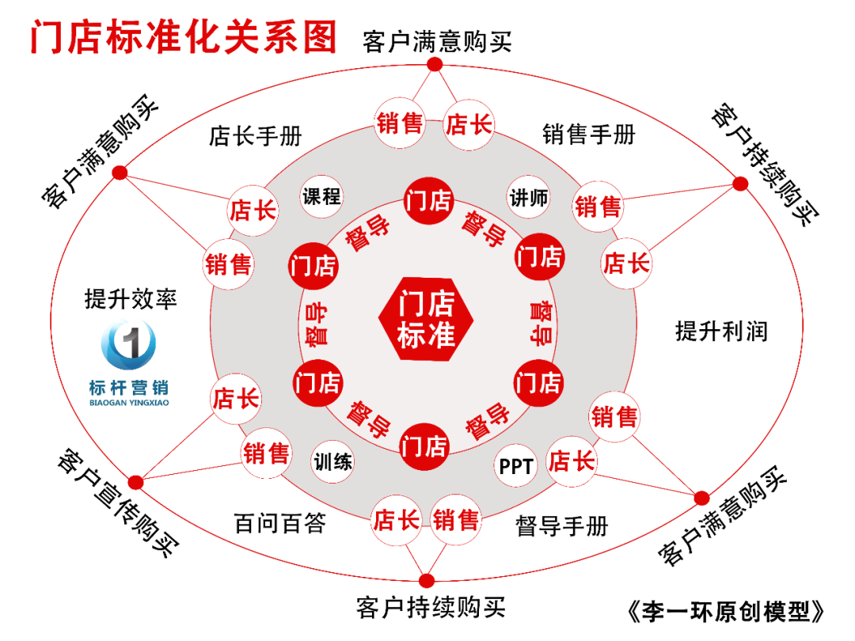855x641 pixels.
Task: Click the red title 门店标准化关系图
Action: (x=184, y=37)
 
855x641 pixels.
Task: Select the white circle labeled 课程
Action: (x=321, y=196)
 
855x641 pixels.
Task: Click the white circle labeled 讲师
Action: (x=529, y=197)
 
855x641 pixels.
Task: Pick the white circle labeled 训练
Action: (x=332, y=461)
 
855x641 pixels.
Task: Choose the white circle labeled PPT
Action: (x=516, y=466)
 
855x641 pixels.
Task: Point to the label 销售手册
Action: (x=589, y=135)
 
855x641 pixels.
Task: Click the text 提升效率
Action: (x=131, y=298)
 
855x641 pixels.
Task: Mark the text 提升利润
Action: (x=721, y=331)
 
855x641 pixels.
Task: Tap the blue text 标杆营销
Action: (x=129, y=388)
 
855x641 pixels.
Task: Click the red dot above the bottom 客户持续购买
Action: (x=427, y=580)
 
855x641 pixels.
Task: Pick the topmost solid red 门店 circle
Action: (x=427, y=200)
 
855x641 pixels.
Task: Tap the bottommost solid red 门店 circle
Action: (x=426, y=446)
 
